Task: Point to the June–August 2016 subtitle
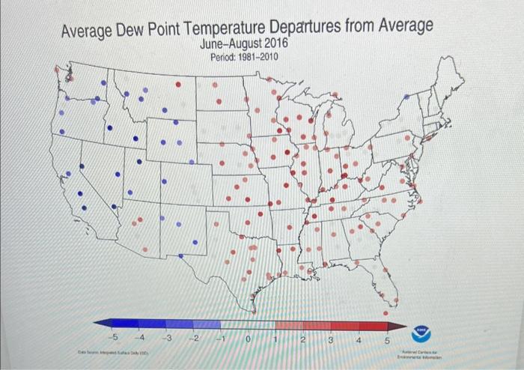(x=240, y=46)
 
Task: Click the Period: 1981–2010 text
(x=239, y=58)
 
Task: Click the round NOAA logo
(x=424, y=331)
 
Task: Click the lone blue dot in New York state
(x=406, y=97)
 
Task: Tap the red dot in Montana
(x=178, y=85)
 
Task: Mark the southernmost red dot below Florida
(x=386, y=313)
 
